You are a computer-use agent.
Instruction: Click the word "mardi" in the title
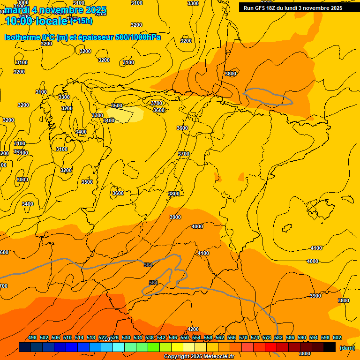pos(16,10)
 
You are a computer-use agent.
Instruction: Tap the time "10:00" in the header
pos(19,21)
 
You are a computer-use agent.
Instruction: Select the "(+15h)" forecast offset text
pos(82,21)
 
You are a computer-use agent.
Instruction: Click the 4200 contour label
pos(193,329)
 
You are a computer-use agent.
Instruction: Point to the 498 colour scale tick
pos(32,337)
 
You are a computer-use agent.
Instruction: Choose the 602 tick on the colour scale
pos(337,337)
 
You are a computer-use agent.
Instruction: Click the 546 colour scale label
pos(173,337)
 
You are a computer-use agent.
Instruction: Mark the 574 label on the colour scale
pos(255,337)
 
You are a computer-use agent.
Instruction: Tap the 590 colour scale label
pos(302,337)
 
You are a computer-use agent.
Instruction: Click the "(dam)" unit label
pos(347,348)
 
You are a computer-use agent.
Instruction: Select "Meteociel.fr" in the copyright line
pos(216,357)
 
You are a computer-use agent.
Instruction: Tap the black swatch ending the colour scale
pos(330,347)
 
